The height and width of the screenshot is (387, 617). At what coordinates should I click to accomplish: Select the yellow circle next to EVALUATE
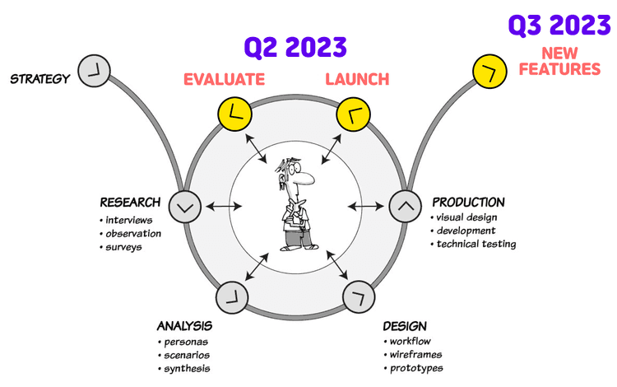234,114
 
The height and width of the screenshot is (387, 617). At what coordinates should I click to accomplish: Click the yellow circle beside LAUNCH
353,114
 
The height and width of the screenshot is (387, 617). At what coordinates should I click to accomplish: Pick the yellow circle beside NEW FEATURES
489,72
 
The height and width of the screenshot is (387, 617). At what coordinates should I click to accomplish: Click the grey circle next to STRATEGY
95,72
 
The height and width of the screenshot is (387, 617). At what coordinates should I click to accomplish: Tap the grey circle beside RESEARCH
184,206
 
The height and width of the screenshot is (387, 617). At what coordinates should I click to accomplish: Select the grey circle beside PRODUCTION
404,206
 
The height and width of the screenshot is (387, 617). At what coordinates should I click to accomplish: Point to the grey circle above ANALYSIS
231,296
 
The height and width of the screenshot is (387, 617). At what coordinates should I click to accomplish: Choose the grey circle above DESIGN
359,296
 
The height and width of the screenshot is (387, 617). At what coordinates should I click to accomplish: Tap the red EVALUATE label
225,80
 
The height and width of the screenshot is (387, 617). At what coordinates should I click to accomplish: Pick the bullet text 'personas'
186,342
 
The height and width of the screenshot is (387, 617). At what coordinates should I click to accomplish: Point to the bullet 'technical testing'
476,244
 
